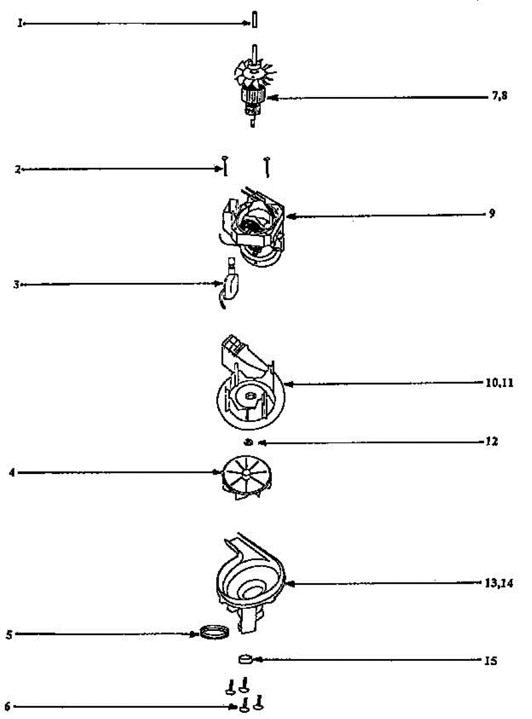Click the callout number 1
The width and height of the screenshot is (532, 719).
(20, 24)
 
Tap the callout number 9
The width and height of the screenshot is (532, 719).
(492, 213)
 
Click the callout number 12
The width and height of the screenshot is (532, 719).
(492, 442)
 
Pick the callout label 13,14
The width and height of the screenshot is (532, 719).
(499, 582)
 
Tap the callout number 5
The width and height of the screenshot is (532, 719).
(9, 634)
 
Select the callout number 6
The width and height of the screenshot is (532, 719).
(7, 707)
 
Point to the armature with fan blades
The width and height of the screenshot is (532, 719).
(252, 90)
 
